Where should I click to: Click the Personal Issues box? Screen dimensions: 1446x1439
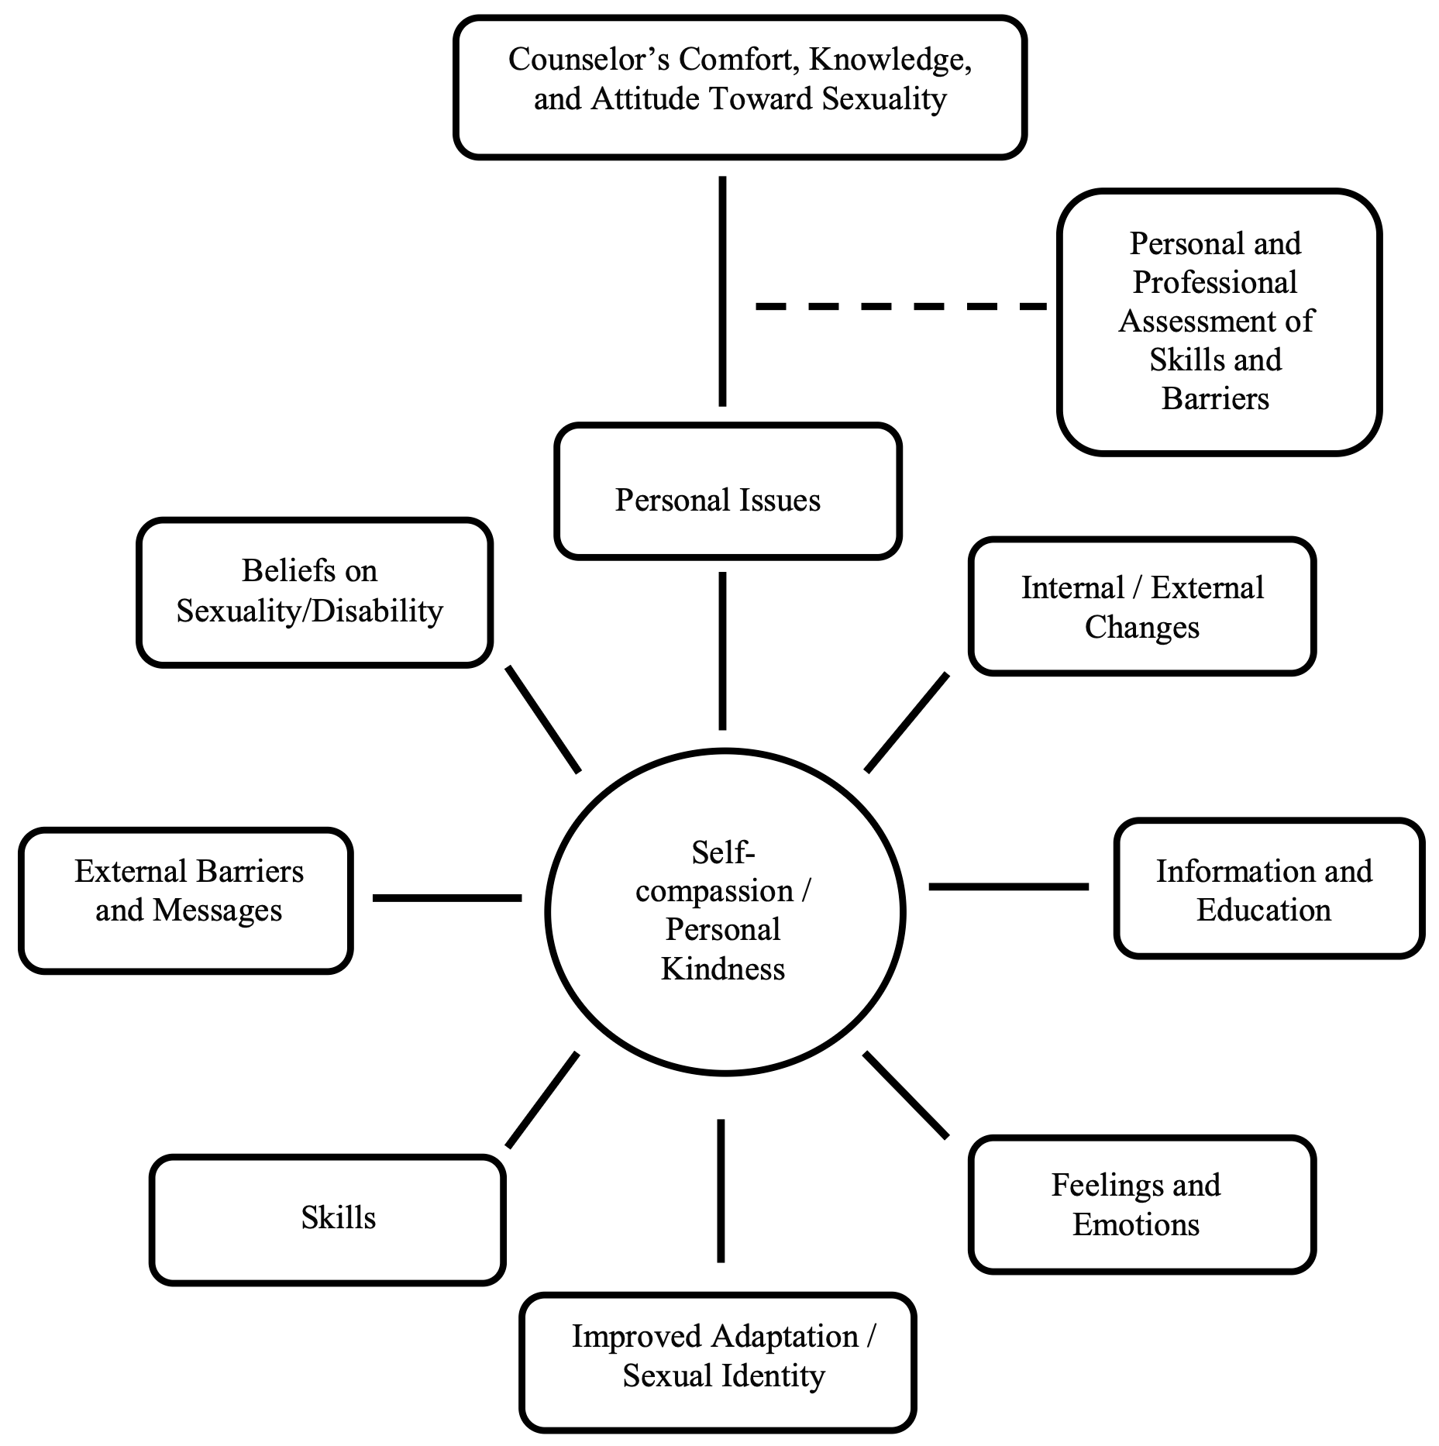(x=728, y=491)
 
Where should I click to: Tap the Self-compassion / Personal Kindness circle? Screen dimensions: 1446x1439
(x=725, y=911)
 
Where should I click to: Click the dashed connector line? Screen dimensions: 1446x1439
(x=900, y=307)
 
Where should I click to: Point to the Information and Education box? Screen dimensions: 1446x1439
(x=1269, y=888)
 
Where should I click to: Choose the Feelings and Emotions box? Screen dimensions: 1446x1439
(x=1141, y=1204)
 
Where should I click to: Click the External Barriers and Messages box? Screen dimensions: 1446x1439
(x=186, y=900)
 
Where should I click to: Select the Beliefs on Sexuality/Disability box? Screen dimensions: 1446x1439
(x=315, y=592)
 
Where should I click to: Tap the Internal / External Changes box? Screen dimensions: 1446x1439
(x=1141, y=606)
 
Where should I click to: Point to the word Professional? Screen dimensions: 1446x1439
(x=1214, y=282)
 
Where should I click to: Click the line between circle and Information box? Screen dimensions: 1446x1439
(x=1008, y=886)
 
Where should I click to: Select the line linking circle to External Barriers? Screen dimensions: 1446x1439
(x=447, y=897)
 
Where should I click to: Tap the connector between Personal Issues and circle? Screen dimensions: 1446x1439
(x=722, y=651)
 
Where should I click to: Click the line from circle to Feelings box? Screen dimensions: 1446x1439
(x=906, y=1095)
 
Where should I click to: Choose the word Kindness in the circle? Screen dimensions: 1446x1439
(x=722, y=969)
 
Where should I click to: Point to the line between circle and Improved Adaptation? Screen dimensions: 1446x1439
(x=721, y=1190)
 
